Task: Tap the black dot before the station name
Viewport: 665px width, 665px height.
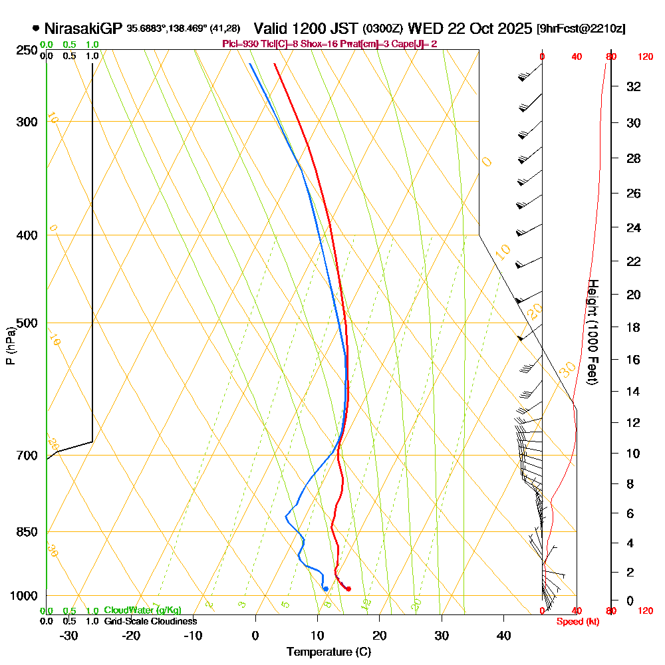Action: [35, 29]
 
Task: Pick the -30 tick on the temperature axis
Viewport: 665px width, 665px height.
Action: [69, 635]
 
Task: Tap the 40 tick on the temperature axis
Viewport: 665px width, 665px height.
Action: [504, 635]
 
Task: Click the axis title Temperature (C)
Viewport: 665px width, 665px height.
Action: [329, 652]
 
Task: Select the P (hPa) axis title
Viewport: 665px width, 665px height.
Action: [10, 346]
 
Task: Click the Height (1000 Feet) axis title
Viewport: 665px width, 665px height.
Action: [592, 332]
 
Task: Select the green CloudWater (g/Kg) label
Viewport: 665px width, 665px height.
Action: [142, 610]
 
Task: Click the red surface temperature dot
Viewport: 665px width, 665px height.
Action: [348, 589]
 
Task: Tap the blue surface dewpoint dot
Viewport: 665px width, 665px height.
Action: [325, 589]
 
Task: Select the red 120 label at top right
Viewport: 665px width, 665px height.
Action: [645, 57]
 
